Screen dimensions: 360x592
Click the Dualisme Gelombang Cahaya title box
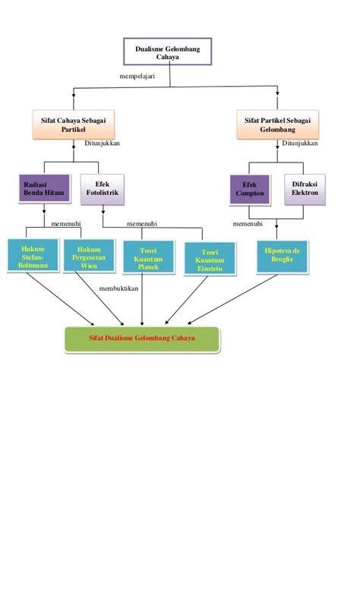tap(167, 52)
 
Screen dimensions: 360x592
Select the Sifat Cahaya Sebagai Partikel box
tap(73, 124)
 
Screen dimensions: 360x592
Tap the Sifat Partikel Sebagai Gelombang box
tap(278, 124)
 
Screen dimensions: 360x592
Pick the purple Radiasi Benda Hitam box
tap(44, 188)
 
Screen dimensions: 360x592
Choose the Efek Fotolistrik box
tap(103, 189)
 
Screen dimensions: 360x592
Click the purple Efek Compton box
tap(250, 189)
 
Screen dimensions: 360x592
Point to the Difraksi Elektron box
tap(305, 189)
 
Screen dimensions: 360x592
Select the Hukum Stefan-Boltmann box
tap(33, 255)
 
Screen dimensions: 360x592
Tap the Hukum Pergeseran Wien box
tap(89, 255)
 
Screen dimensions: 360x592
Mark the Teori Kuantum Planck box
tap(148, 257)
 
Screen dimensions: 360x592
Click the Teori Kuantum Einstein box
tap(210, 259)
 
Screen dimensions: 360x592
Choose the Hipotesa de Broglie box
tap(283, 257)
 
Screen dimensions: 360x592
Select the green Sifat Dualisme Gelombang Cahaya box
tap(142, 339)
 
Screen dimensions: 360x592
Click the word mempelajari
tap(137, 76)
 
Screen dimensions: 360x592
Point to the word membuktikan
tap(118, 288)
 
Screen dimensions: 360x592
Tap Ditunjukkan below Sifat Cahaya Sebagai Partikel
tap(102, 143)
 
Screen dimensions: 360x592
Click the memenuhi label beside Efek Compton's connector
tap(248, 223)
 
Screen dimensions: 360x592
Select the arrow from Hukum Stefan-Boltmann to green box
tap(61, 298)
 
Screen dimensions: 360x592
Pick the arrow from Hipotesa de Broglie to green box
tap(232, 299)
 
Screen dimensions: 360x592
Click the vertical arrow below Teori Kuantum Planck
tap(142, 299)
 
